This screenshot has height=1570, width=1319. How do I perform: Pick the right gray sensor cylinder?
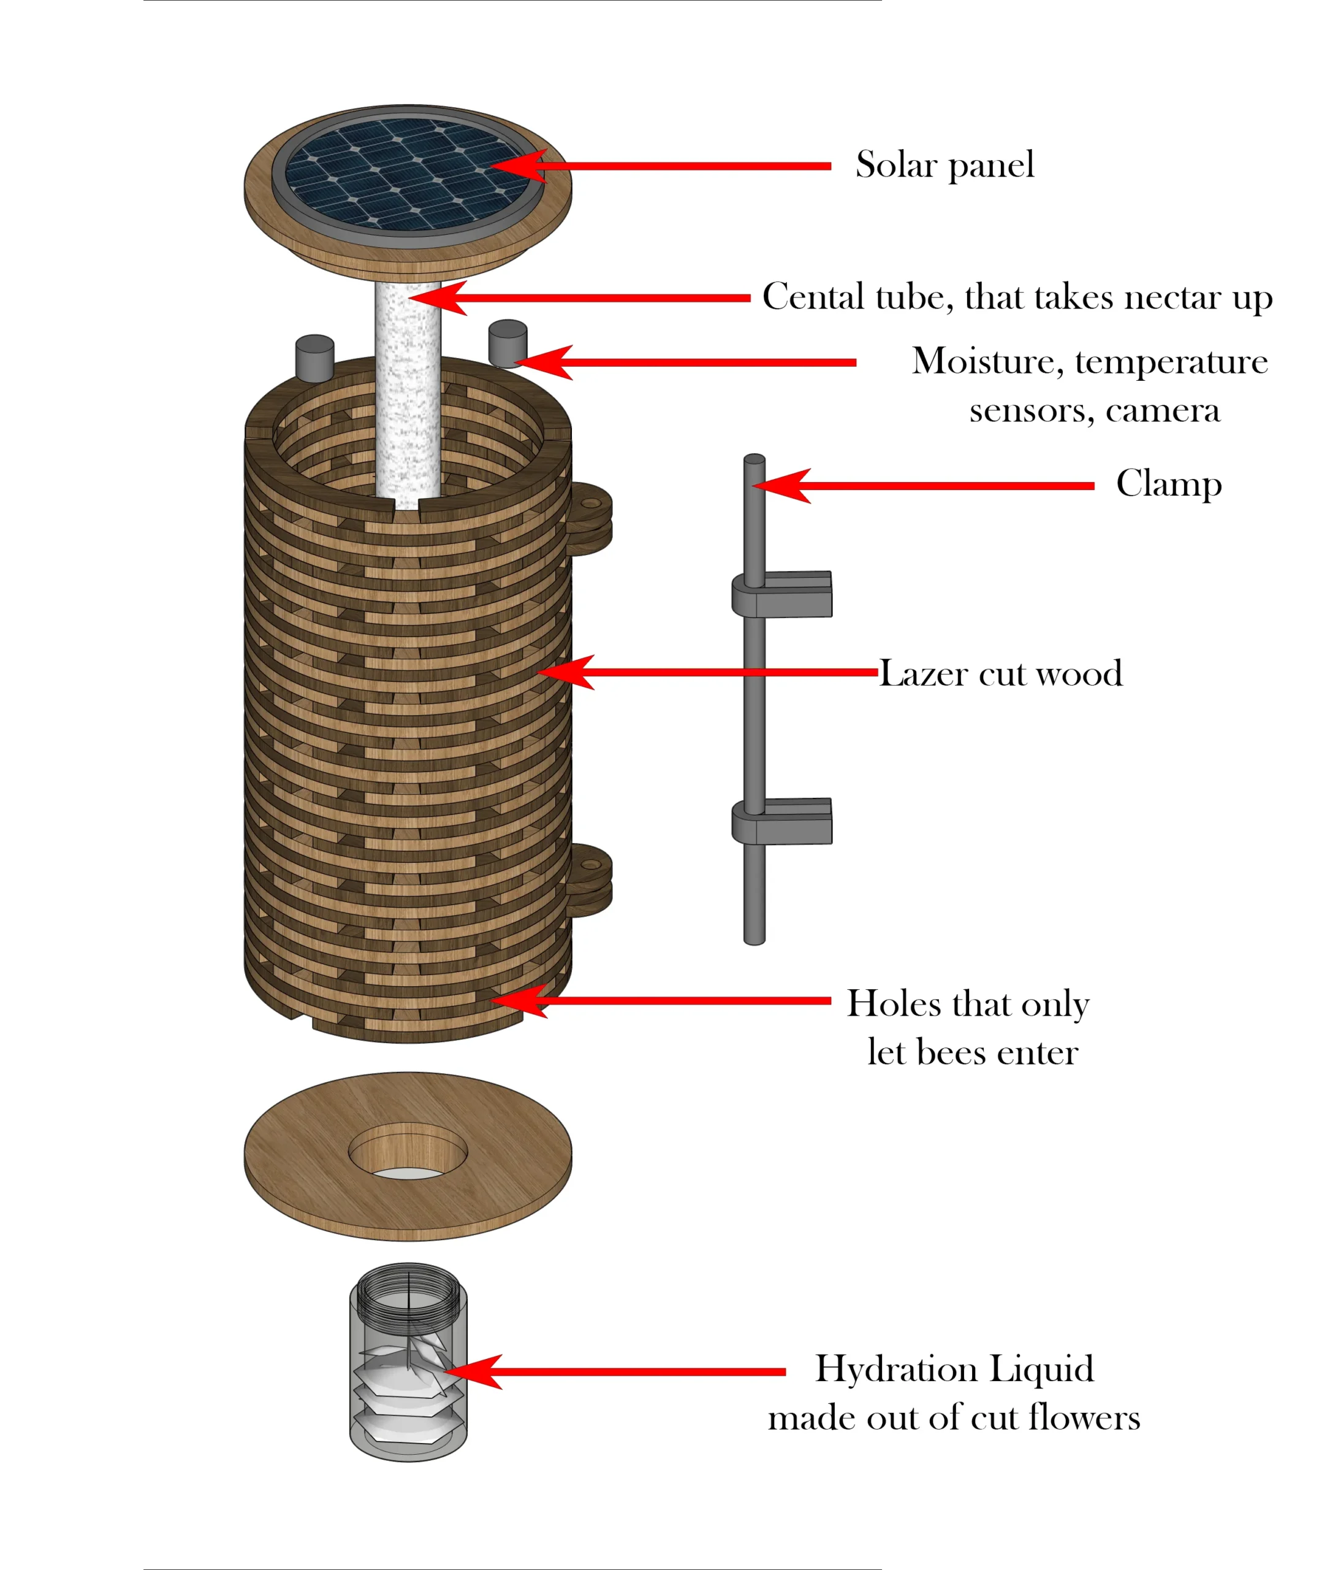coord(507,343)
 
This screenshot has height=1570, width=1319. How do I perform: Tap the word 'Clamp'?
coord(1169,484)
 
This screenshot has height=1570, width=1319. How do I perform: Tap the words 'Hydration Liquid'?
coord(954,1369)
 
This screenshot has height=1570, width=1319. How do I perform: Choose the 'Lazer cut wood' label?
coord(1000,673)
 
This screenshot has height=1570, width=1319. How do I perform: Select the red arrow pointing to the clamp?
coord(927,486)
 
